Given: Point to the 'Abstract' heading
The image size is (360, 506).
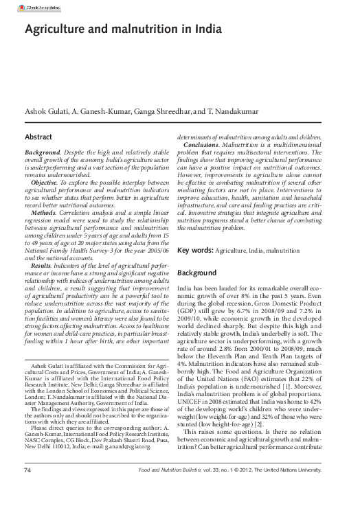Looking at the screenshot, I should coord(38,137).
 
